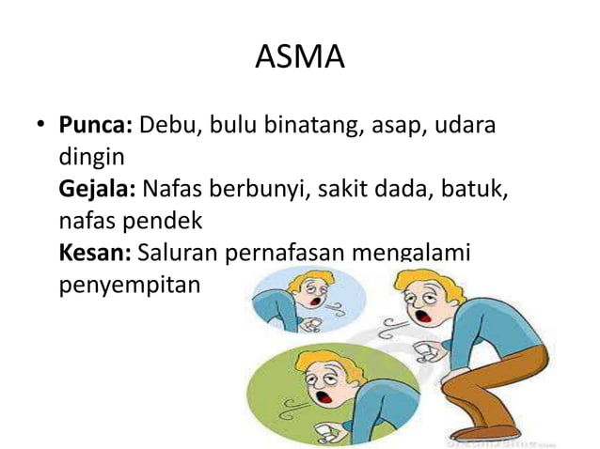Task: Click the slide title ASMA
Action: pyautogui.click(x=300, y=58)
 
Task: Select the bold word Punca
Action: pyautogui.click(x=97, y=125)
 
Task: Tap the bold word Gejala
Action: pyautogui.click(x=98, y=190)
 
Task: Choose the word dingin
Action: pyautogui.click(x=89, y=157)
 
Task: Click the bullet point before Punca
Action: pyautogui.click(x=40, y=126)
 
